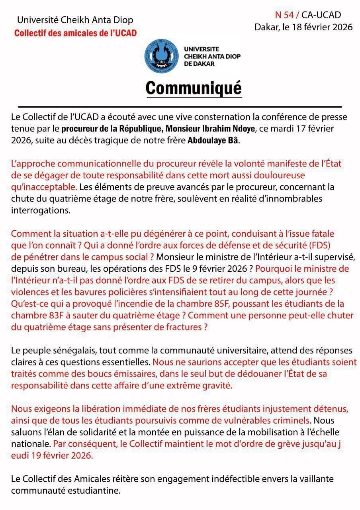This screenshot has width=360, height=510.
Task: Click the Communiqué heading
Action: pos(194,88)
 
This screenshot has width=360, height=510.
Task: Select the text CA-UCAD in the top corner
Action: pos(321,15)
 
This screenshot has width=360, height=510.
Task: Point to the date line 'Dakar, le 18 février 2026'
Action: pos(303,27)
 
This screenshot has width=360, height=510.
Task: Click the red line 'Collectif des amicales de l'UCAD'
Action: pos(75,33)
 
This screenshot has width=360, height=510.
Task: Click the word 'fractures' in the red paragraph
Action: pos(184,328)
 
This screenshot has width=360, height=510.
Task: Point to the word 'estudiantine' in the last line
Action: pos(98,490)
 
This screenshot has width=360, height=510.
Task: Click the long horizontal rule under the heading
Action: pos(180,107)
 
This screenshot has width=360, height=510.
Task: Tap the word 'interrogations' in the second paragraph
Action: pos(41,210)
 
